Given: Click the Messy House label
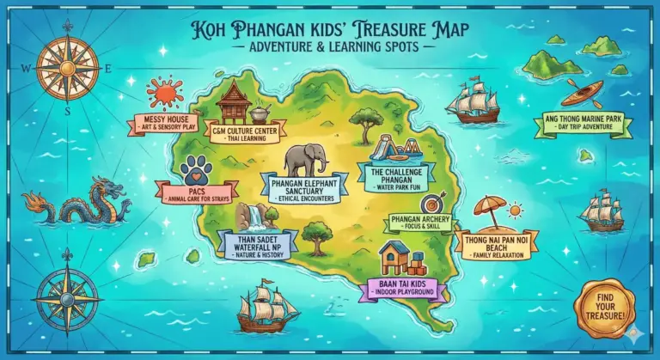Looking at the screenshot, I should [x=163, y=124].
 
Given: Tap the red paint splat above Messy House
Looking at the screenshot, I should [x=164, y=92].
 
